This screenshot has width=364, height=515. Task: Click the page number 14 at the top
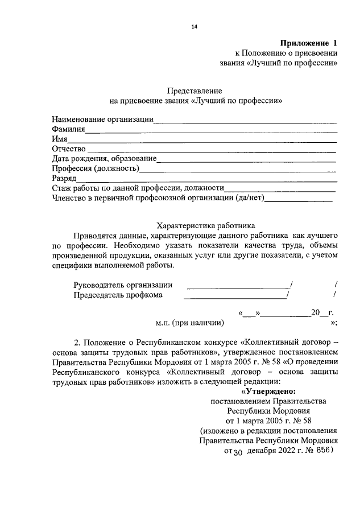[x=194, y=26]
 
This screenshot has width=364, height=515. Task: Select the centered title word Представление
[x=194, y=90]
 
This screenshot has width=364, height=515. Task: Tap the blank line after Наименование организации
[x=246, y=120]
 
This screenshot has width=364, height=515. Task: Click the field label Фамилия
[x=68, y=130]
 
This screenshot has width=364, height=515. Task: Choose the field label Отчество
[x=68, y=149]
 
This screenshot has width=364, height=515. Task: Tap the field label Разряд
[x=64, y=178]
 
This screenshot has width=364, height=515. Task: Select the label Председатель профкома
[x=118, y=295]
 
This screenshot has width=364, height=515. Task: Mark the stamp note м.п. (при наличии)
[x=189, y=323]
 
